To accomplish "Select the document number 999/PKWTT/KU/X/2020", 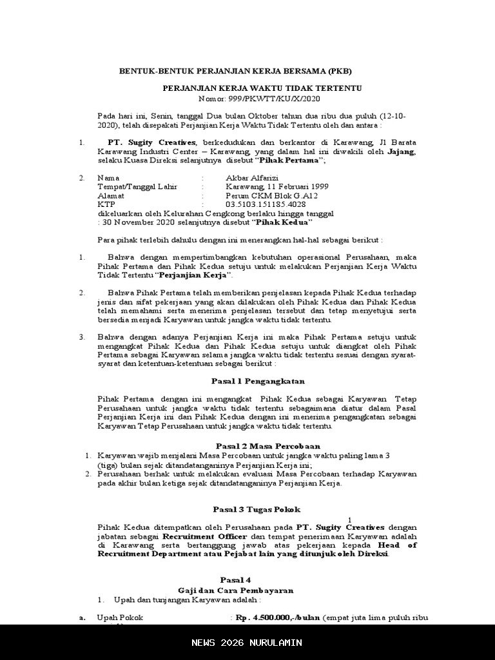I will [278, 99].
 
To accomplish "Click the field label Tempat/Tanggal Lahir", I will [137, 186].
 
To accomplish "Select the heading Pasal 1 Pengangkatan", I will [258, 381].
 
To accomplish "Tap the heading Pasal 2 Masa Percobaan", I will [267, 446].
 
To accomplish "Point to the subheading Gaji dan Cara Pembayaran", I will [236, 590].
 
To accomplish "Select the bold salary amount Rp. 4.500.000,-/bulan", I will [278, 617].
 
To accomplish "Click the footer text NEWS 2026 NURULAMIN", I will [247, 643].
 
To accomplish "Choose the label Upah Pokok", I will [120, 617].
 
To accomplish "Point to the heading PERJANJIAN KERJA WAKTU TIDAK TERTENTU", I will [262, 88].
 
